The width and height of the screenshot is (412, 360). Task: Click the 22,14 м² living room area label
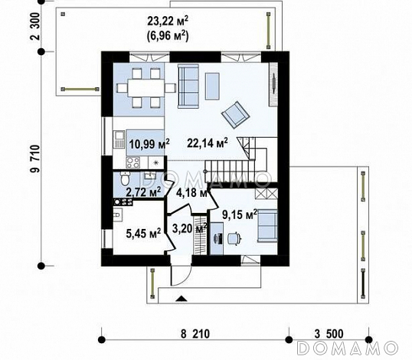(x=208, y=143)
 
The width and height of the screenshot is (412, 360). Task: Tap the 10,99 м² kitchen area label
(x=149, y=144)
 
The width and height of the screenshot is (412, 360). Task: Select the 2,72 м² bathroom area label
(x=144, y=192)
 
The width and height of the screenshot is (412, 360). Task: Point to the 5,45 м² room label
(x=143, y=233)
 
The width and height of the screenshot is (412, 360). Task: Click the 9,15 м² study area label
(x=240, y=214)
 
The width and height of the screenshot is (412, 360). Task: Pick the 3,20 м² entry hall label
(x=190, y=228)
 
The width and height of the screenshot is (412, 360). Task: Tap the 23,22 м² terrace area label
(x=168, y=21)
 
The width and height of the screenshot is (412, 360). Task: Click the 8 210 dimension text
(x=195, y=334)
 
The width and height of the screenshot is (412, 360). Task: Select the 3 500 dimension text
(x=329, y=334)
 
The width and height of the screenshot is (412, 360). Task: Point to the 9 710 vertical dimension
(x=35, y=159)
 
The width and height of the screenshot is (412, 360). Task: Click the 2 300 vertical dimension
(x=35, y=26)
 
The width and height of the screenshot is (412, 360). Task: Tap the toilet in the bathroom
(x=125, y=178)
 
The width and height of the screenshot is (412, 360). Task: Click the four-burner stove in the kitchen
(x=133, y=162)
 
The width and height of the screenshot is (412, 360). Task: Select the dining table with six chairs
(x=146, y=88)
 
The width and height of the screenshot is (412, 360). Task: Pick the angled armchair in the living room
(x=235, y=115)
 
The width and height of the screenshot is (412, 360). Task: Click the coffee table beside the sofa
(x=212, y=87)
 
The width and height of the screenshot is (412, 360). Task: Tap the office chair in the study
(x=234, y=238)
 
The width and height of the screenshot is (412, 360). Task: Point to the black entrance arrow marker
(x=181, y=298)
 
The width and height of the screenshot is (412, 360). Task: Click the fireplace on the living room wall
(x=273, y=84)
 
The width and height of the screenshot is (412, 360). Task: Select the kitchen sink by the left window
(x=119, y=139)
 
